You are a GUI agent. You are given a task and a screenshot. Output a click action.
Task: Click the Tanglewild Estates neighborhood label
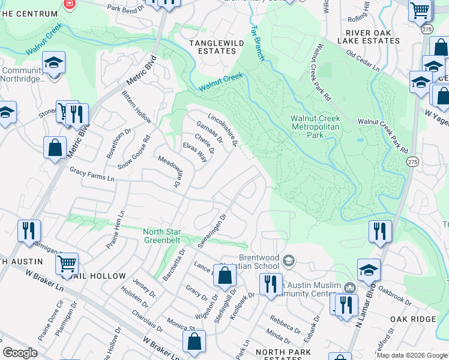coord(212,47)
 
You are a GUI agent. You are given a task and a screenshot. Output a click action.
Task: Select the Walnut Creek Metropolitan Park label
coord(315,127)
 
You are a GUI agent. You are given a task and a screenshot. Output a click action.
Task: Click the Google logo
coord(20,353)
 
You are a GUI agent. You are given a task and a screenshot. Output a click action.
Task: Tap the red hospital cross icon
coord(70,4)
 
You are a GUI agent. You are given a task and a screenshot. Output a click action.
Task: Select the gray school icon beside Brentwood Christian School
coord(289,260)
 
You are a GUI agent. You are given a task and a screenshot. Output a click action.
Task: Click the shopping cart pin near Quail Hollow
coord(67,263)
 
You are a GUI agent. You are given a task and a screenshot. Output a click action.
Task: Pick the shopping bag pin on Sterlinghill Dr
coord(224,276)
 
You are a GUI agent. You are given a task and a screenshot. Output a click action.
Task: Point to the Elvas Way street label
coord(195,152)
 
